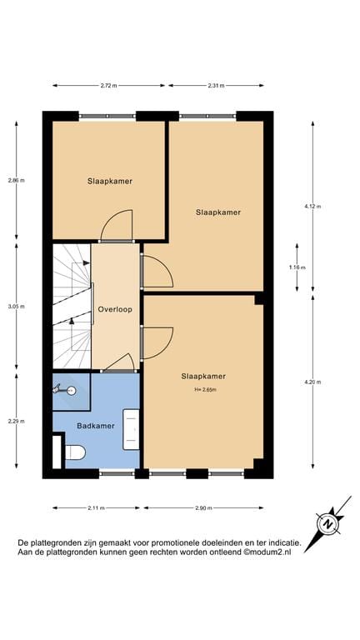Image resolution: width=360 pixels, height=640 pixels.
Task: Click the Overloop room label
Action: (x=115, y=309)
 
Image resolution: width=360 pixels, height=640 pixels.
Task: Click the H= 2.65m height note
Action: (x=203, y=389)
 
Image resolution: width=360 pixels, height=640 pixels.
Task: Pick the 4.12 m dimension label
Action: (x=313, y=206)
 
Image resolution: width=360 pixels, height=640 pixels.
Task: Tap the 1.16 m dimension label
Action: (x=297, y=267)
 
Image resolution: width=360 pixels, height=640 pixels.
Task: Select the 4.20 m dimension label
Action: (x=313, y=382)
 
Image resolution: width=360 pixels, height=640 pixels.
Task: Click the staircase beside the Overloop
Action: (x=72, y=305)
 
